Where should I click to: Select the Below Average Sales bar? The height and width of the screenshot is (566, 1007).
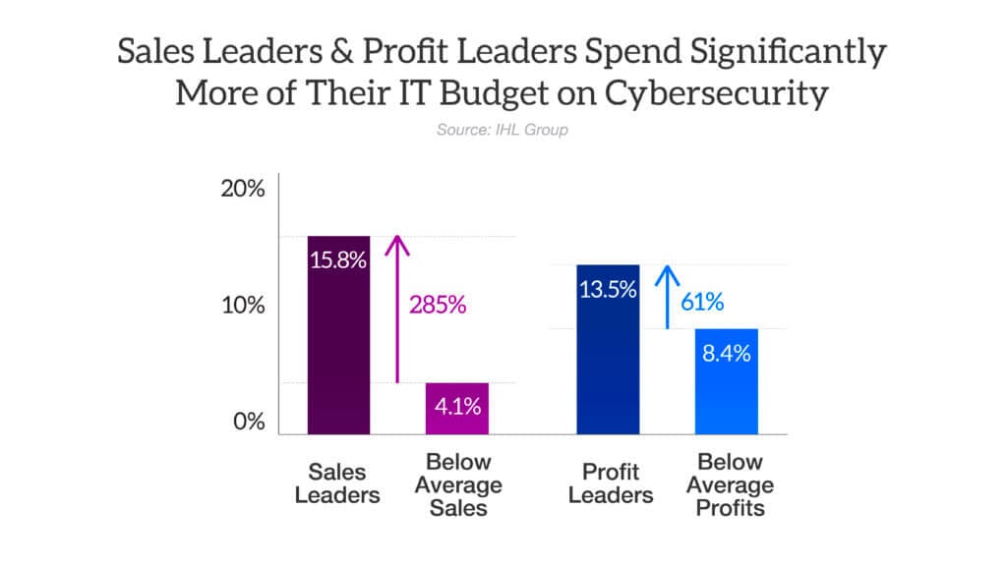click(456, 409)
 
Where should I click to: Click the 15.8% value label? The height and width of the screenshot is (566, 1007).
click(339, 261)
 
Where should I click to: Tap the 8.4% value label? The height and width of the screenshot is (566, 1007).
click(726, 354)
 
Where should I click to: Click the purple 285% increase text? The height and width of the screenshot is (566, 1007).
click(438, 305)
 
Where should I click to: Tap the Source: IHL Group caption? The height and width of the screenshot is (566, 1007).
click(503, 130)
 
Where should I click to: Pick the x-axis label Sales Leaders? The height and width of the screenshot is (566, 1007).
click(338, 482)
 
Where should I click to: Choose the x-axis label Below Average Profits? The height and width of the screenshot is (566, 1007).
click(730, 485)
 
